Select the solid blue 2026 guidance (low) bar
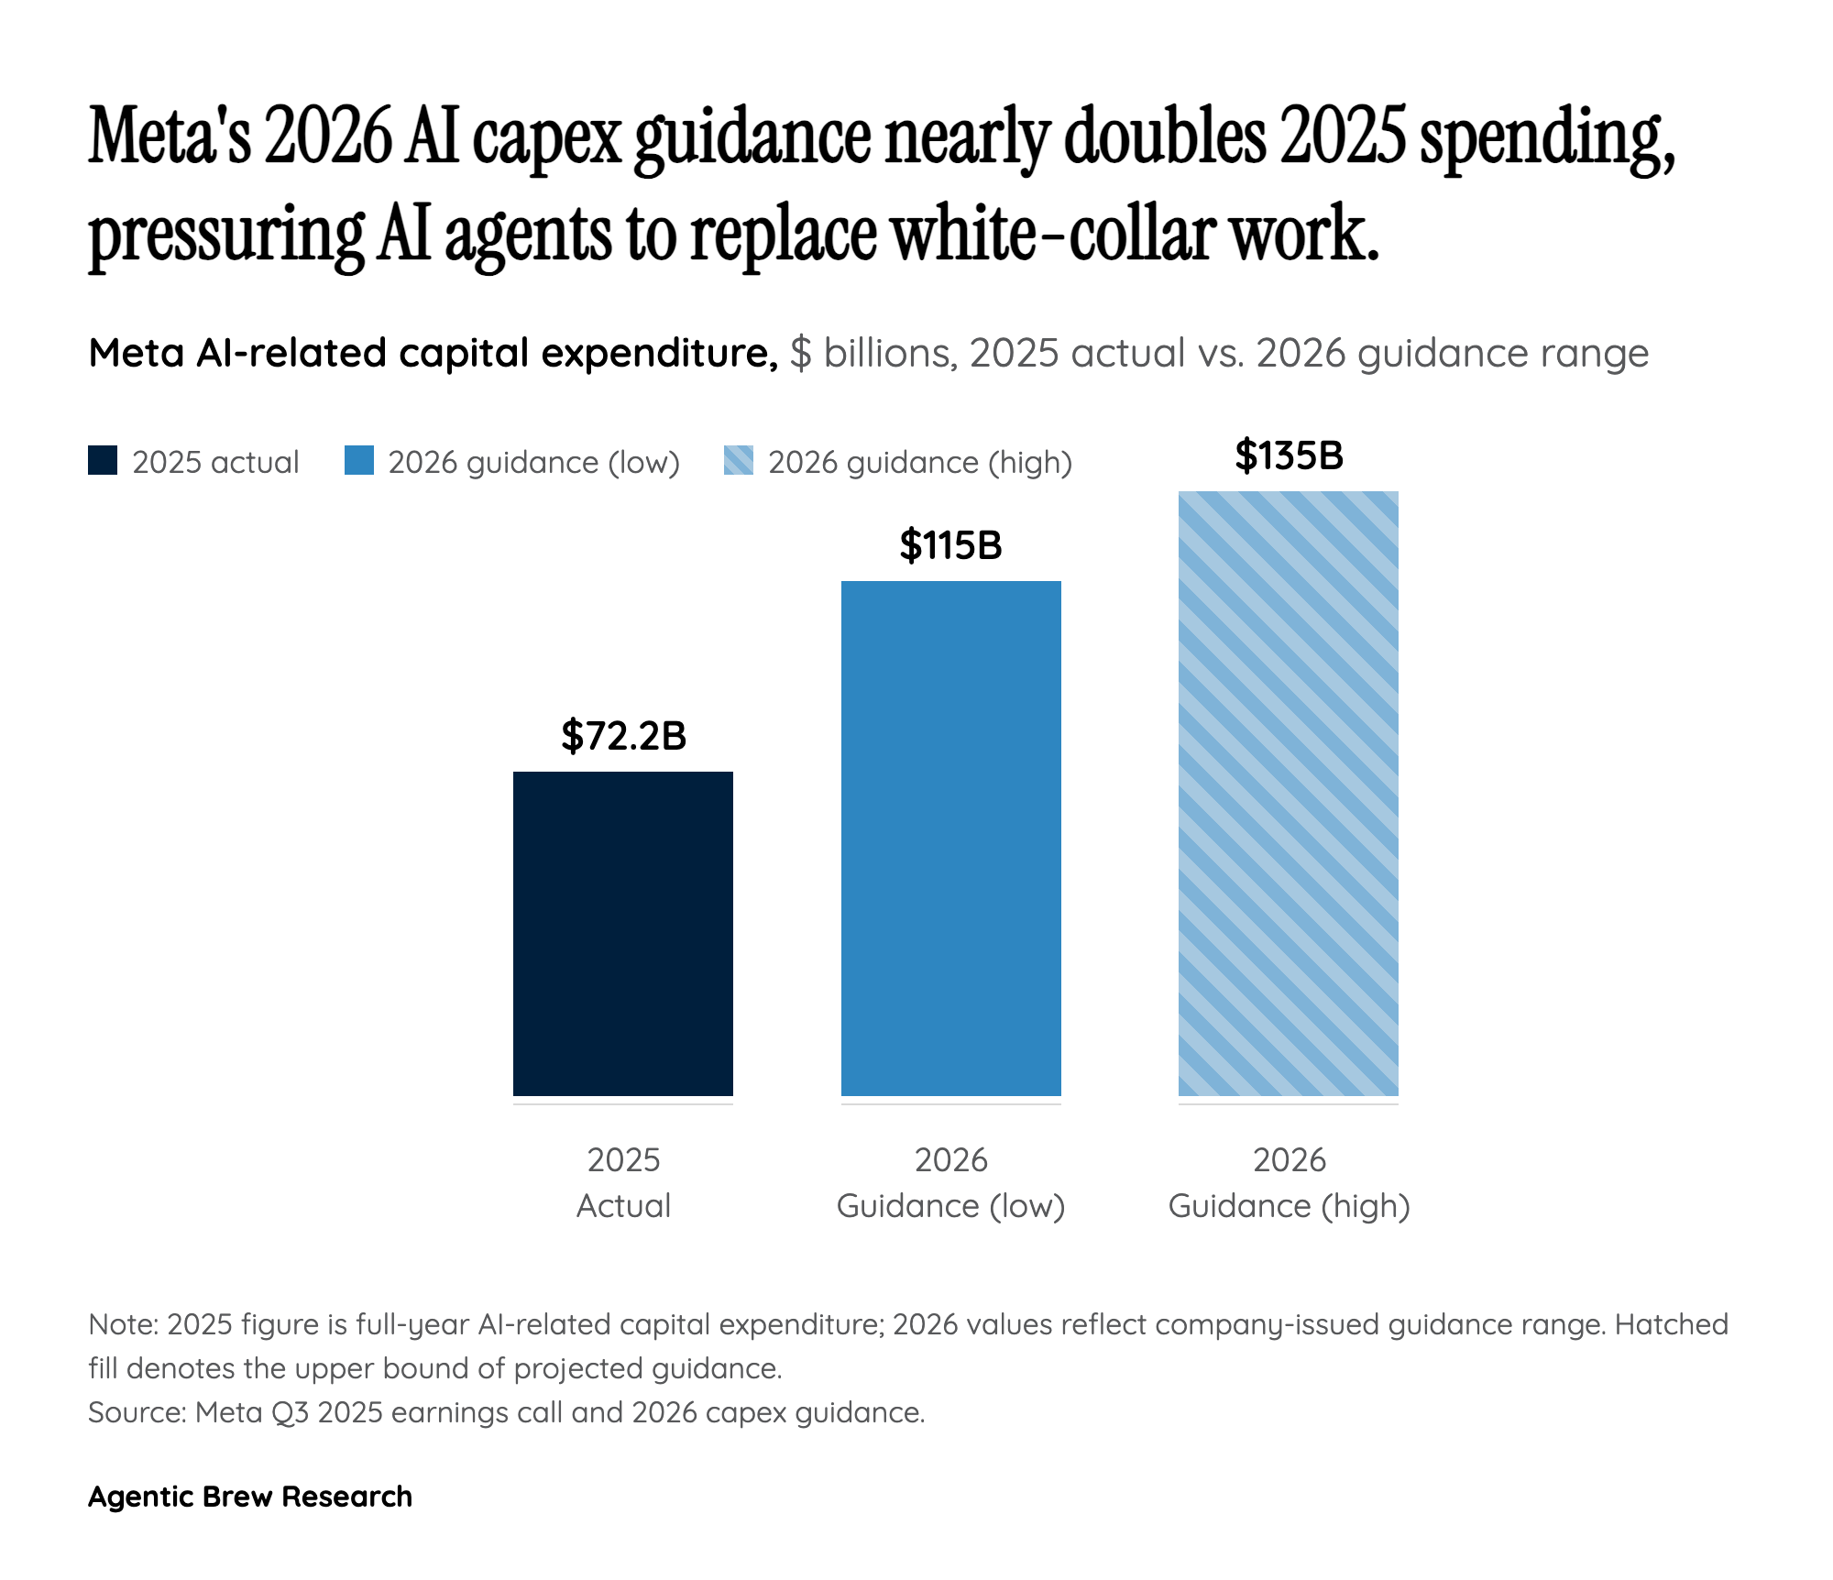(x=950, y=838)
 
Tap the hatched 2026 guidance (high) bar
(x=1288, y=793)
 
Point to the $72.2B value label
(x=623, y=736)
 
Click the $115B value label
(x=950, y=545)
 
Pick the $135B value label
(x=1288, y=455)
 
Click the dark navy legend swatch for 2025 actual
(x=103, y=461)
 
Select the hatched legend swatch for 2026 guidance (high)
(x=739, y=461)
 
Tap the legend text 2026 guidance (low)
(x=533, y=462)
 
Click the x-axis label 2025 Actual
(x=623, y=1182)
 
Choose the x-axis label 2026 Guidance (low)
(x=950, y=1182)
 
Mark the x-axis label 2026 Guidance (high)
(x=1289, y=1182)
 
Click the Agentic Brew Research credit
(x=249, y=1497)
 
